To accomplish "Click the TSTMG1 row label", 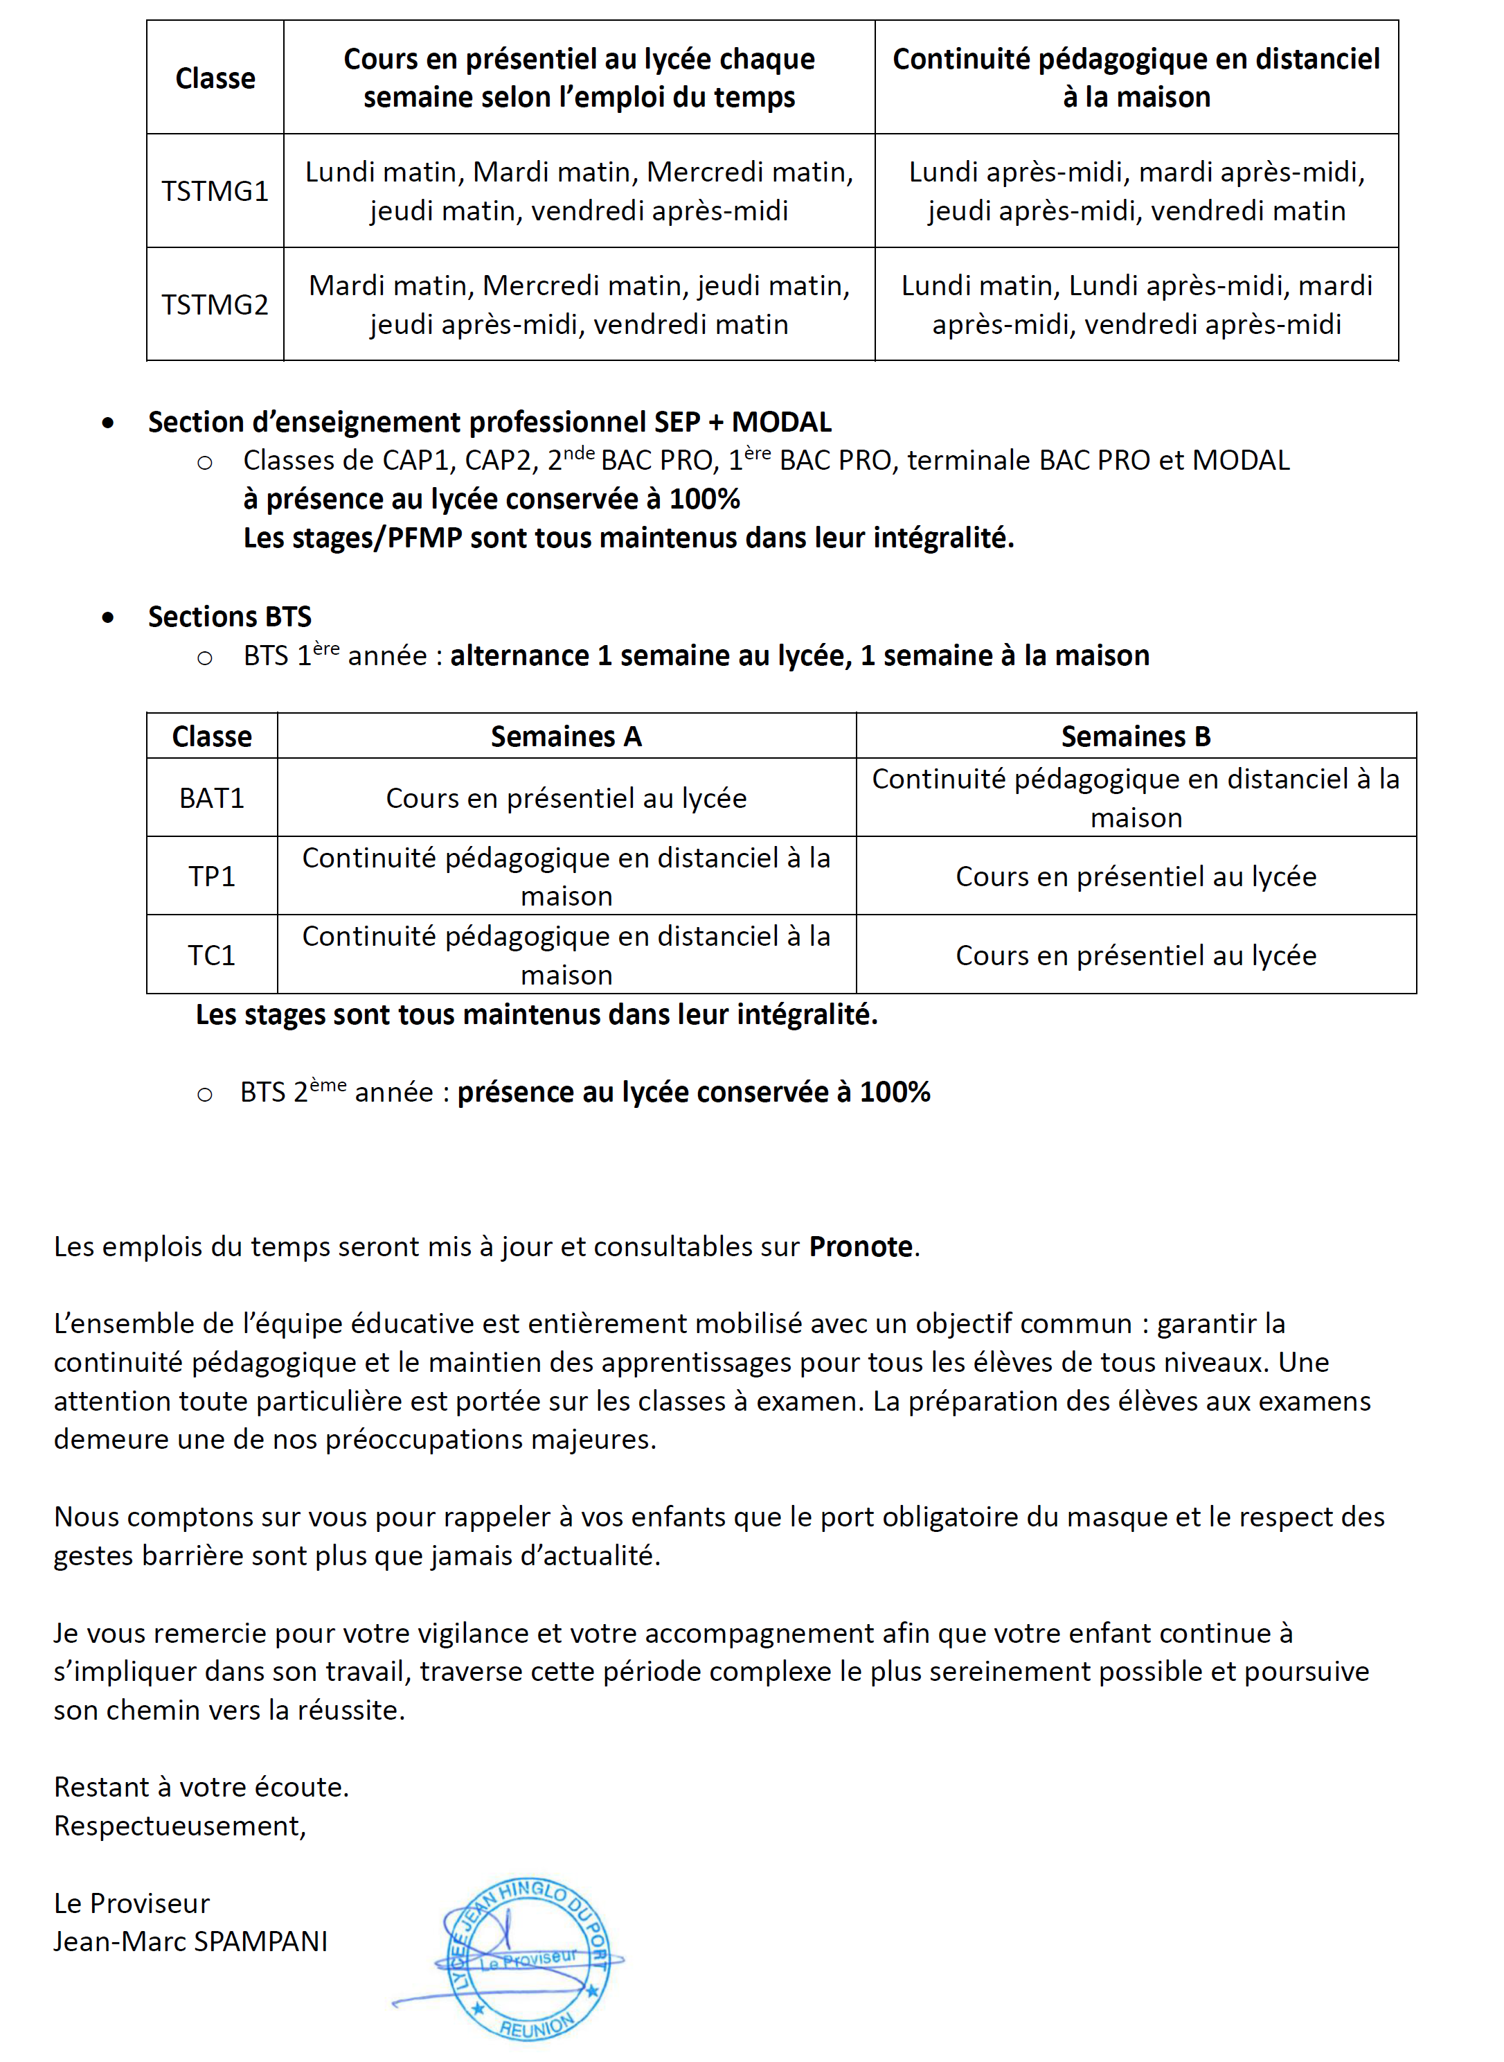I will click(215, 191).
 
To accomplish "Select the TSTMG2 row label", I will click(215, 304).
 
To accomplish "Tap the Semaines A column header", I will click(566, 736).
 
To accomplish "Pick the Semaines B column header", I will click(1136, 736).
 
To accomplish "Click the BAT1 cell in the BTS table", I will click(211, 798).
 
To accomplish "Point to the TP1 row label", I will click(211, 876).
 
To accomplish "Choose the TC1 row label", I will click(211, 955).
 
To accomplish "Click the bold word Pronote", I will click(860, 1246).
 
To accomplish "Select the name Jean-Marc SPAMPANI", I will click(190, 1941).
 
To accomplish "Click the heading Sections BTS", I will click(229, 617).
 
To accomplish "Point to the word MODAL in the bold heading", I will click(781, 422).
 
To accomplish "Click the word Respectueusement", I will click(179, 1825).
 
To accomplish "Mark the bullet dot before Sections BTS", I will click(108, 617).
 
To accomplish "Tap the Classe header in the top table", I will click(215, 78).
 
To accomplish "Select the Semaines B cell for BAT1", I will click(1136, 798).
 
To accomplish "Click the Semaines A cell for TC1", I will click(566, 955).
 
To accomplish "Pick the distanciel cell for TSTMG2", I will click(1136, 304).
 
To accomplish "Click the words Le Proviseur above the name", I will click(132, 1903).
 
